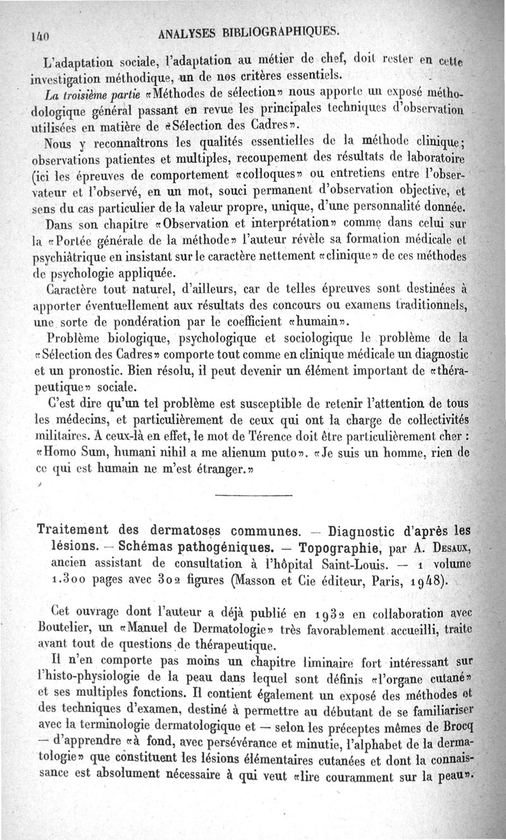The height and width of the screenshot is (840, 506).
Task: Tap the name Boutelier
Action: pos(58,629)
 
